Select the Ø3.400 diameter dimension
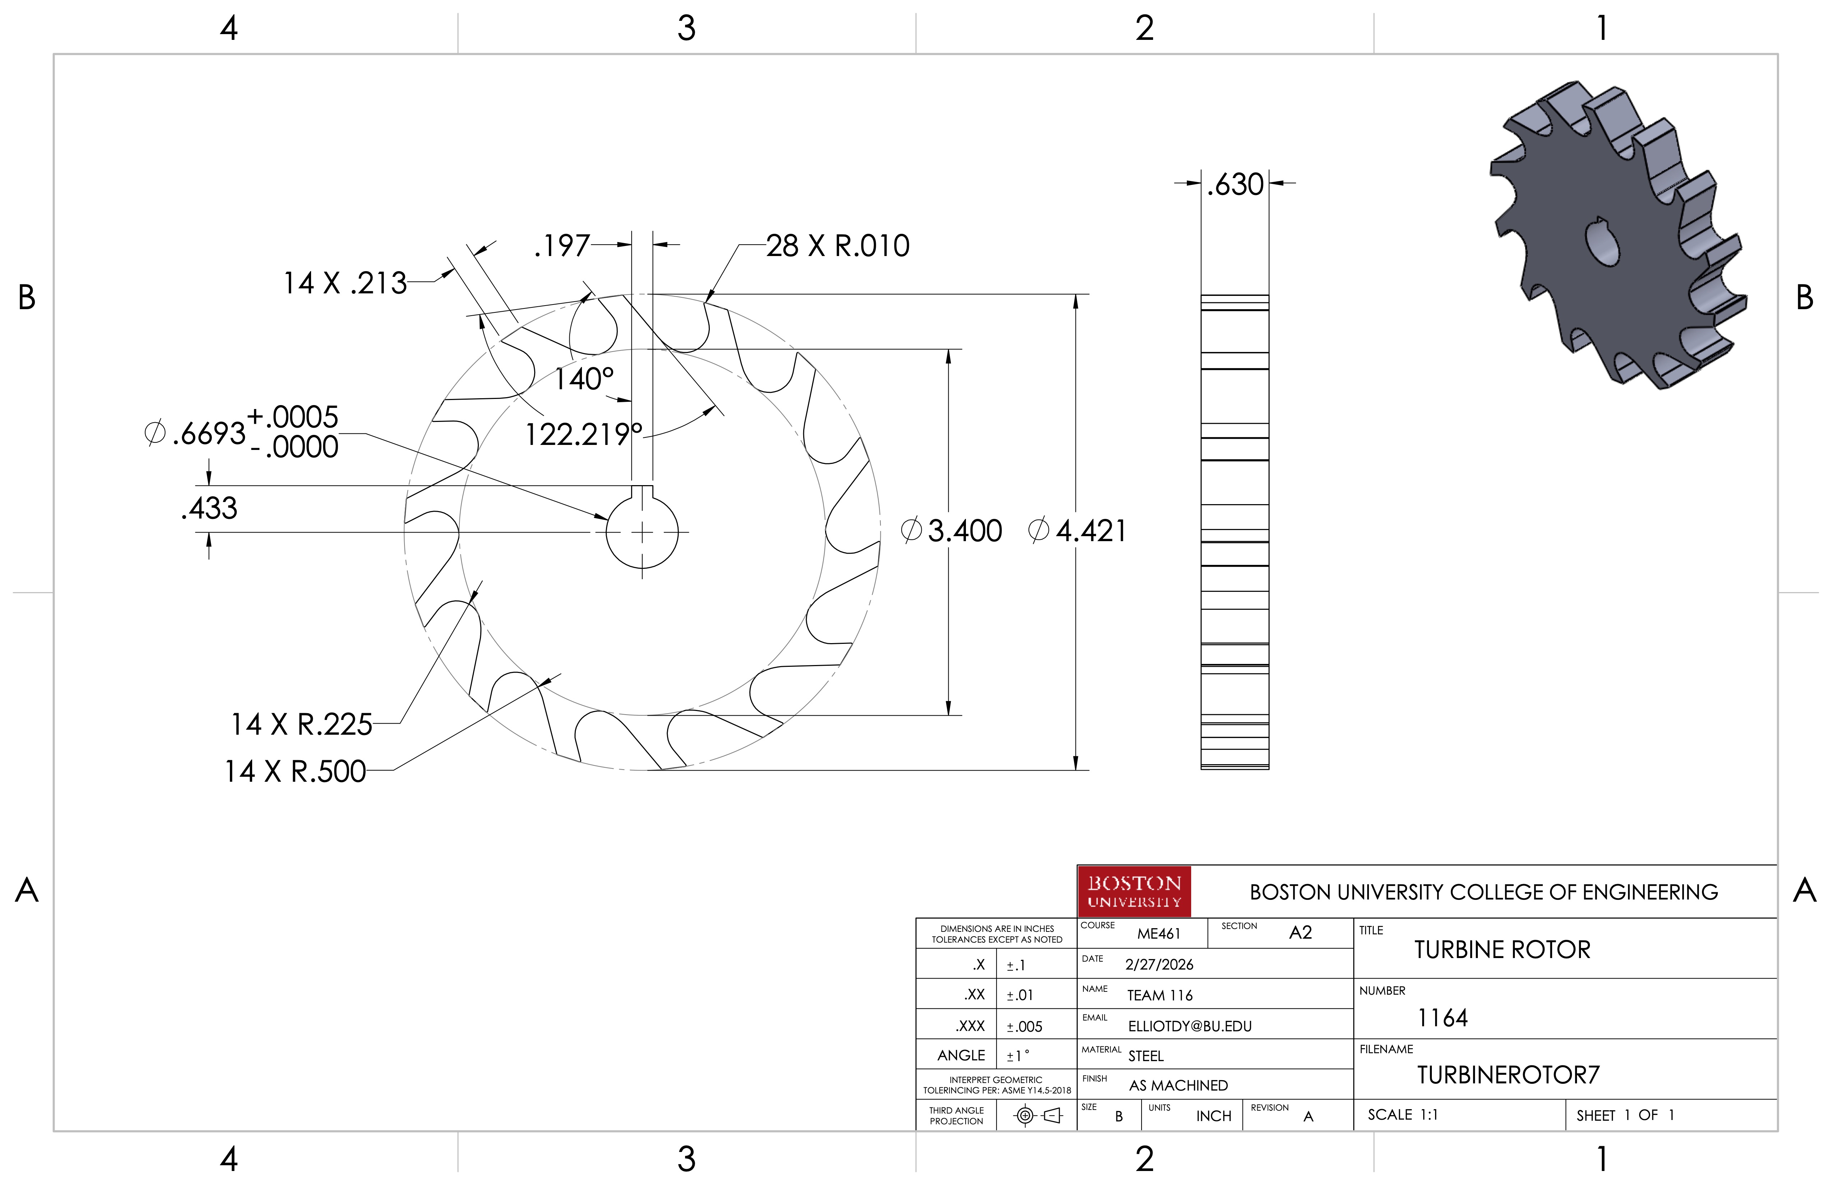coord(952,531)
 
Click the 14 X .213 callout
coord(345,283)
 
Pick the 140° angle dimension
coord(584,378)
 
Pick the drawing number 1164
coord(1443,1018)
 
